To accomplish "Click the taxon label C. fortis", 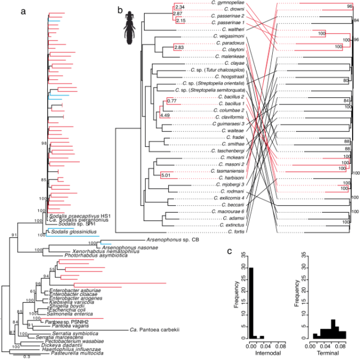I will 235,232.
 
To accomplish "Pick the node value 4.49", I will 165,115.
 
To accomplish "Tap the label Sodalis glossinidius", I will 70,231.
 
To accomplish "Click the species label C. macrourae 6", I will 227,211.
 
